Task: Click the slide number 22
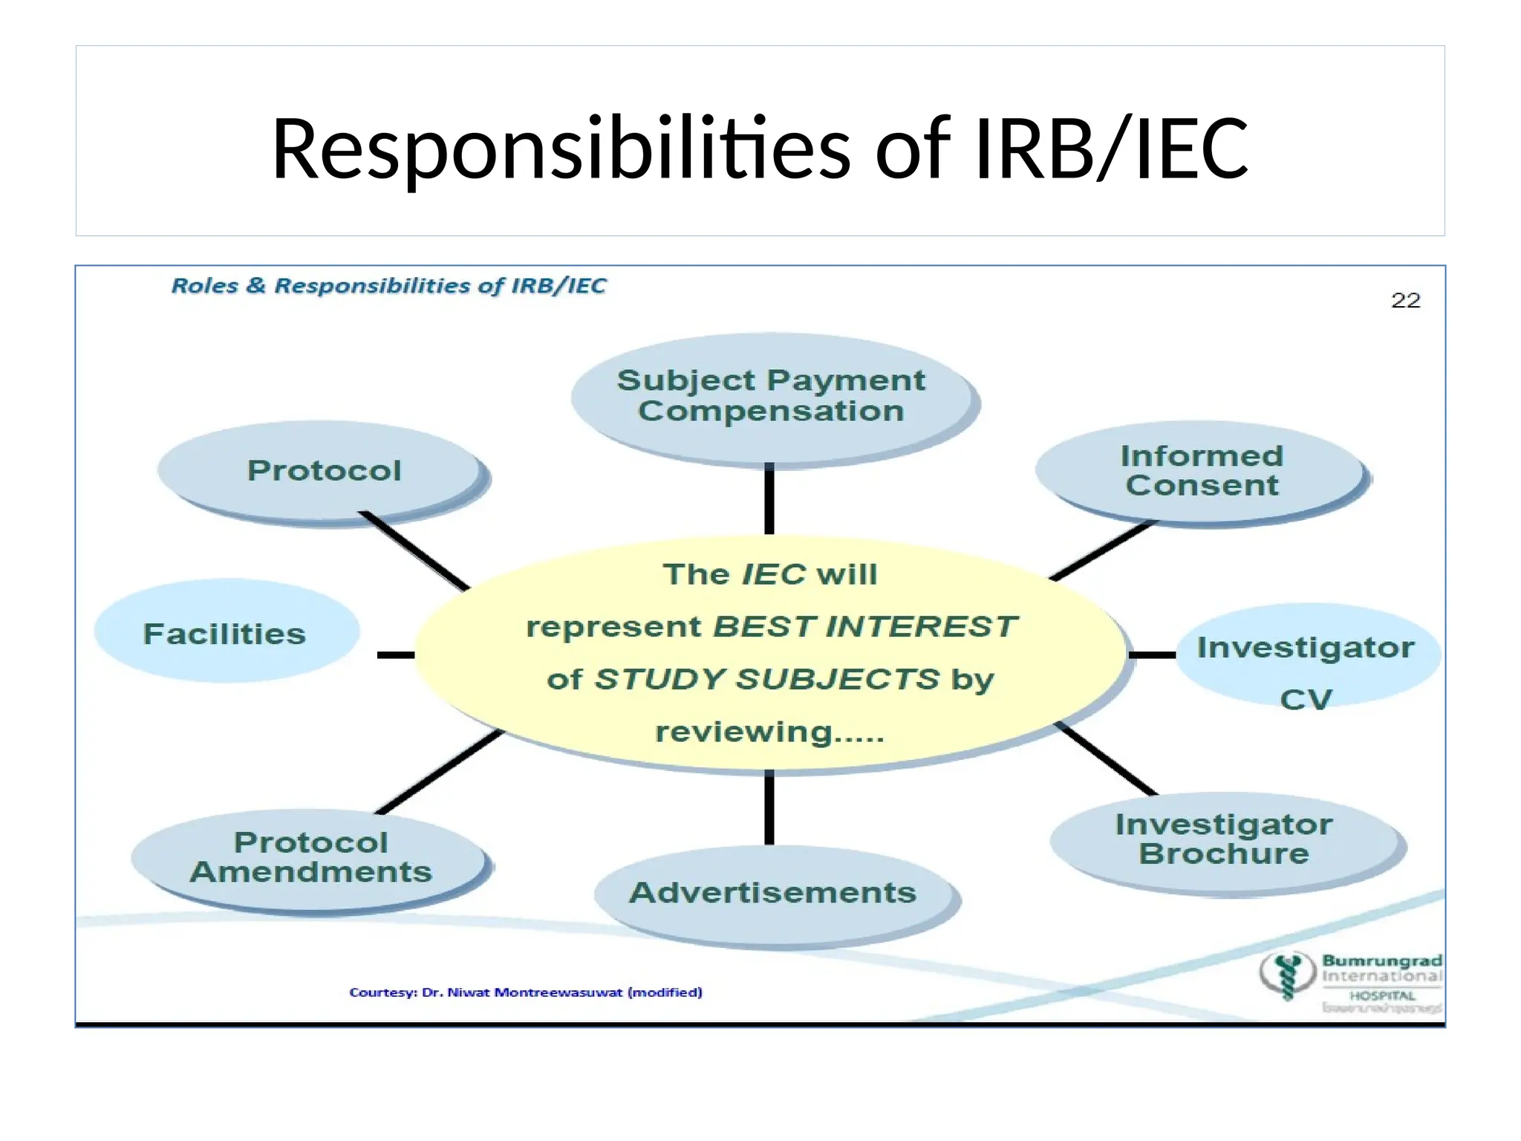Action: click(1405, 300)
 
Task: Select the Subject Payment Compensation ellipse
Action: click(772, 397)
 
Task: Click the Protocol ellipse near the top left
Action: click(323, 470)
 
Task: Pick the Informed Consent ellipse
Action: click(1201, 471)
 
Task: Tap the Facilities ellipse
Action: click(225, 634)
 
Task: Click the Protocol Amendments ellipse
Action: click(310, 857)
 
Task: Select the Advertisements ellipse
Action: click(772, 893)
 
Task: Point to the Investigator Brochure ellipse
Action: click(1224, 839)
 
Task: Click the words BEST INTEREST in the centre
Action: click(864, 626)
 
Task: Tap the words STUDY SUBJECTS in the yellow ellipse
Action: click(766, 679)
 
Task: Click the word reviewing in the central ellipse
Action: click(744, 732)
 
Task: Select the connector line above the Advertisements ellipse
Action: click(769, 808)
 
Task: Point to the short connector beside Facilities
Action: click(396, 654)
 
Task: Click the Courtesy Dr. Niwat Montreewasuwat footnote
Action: click(526, 992)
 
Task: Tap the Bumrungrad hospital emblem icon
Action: click(1287, 976)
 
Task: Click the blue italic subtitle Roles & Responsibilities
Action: click(388, 286)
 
